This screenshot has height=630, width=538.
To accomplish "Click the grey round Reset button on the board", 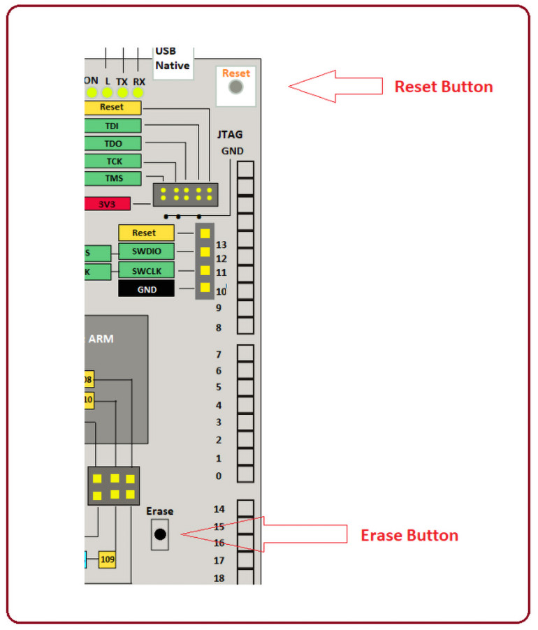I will pyautogui.click(x=236, y=87).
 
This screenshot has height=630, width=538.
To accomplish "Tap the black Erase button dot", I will pyautogui.click(x=160, y=534).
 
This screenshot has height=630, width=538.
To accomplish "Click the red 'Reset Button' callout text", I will pyautogui.click(x=444, y=87).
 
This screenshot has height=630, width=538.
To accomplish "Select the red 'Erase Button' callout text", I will pyautogui.click(x=409, y=536).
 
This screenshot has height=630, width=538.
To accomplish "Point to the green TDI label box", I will pyautogui.click(x=112, y=126).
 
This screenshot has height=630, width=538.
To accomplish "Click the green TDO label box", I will pyautogui.click(x=112, y=143).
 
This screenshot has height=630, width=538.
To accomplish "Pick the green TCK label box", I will pyautogui.click(x=112, y=161).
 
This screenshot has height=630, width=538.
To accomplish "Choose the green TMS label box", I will pyautogui.click(x=112, y=178).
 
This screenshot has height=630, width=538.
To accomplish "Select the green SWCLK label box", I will pyautogui.click(x=146, y=270).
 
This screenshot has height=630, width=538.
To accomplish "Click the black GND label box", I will pyautogui.click(x=146, y=288).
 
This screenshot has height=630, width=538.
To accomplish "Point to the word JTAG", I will pyautogui.click(x=230, y=135).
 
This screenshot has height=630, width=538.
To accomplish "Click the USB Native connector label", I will pyautogui.click(x=172, y=59).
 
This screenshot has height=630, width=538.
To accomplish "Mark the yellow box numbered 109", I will pyautogui.click(x=107, y=559).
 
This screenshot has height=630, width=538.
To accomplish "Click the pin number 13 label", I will pyautogui.click(x=221, y=245).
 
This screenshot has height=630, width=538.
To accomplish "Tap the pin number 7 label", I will pyautogui.click(x=219, y=355).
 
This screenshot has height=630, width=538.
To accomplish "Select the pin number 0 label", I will pyautogui.click(x=219, y=476).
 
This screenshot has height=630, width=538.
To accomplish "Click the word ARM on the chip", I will pyautogui.click(x=103, y=339).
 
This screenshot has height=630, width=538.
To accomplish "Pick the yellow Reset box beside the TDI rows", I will pyautogui.click(x=112, y=108).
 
